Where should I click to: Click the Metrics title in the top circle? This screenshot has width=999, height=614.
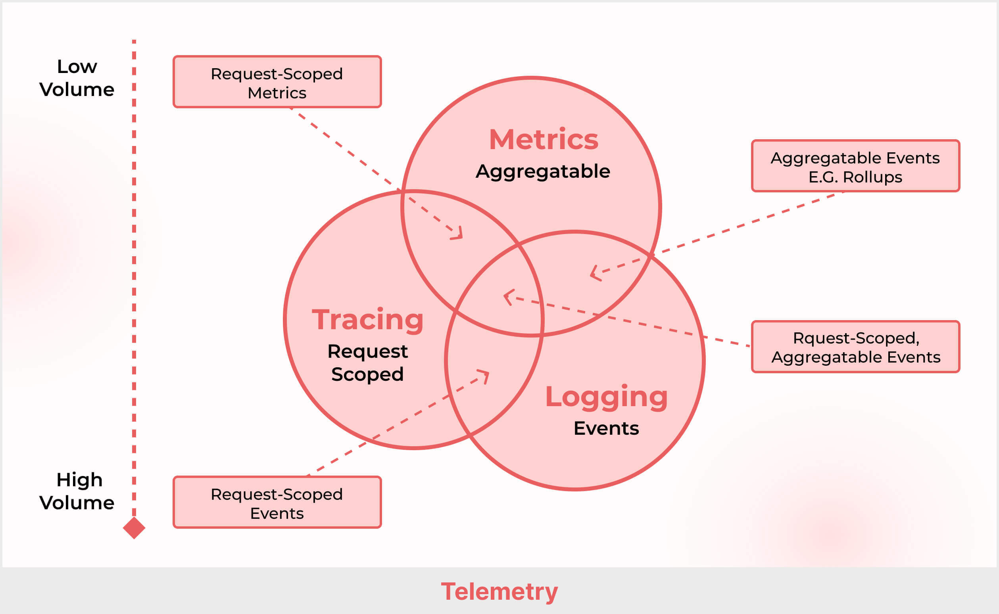[544, 140]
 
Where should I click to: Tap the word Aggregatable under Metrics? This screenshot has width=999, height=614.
[543, 171]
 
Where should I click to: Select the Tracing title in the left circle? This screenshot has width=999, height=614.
[368, 320]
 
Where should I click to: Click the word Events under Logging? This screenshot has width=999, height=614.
[606, 428]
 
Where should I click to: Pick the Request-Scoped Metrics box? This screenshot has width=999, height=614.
[277, 82]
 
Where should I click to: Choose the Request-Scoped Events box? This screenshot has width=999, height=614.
[277, 502]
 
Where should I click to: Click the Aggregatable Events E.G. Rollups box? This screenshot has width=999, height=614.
[855, 166]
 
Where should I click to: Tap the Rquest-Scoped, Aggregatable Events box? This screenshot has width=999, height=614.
[855, 346]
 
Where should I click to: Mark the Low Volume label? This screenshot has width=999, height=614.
[77, 78]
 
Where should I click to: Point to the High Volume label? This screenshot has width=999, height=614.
[77, 491]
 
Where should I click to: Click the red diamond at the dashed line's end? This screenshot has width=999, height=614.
[134, 528]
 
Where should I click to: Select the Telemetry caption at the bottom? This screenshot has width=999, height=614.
[499, 591]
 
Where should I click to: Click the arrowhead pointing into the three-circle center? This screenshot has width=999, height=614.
[507, 297]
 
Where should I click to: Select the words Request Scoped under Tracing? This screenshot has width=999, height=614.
[367, 363]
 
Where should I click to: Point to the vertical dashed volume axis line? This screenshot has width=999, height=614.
[134, 276]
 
